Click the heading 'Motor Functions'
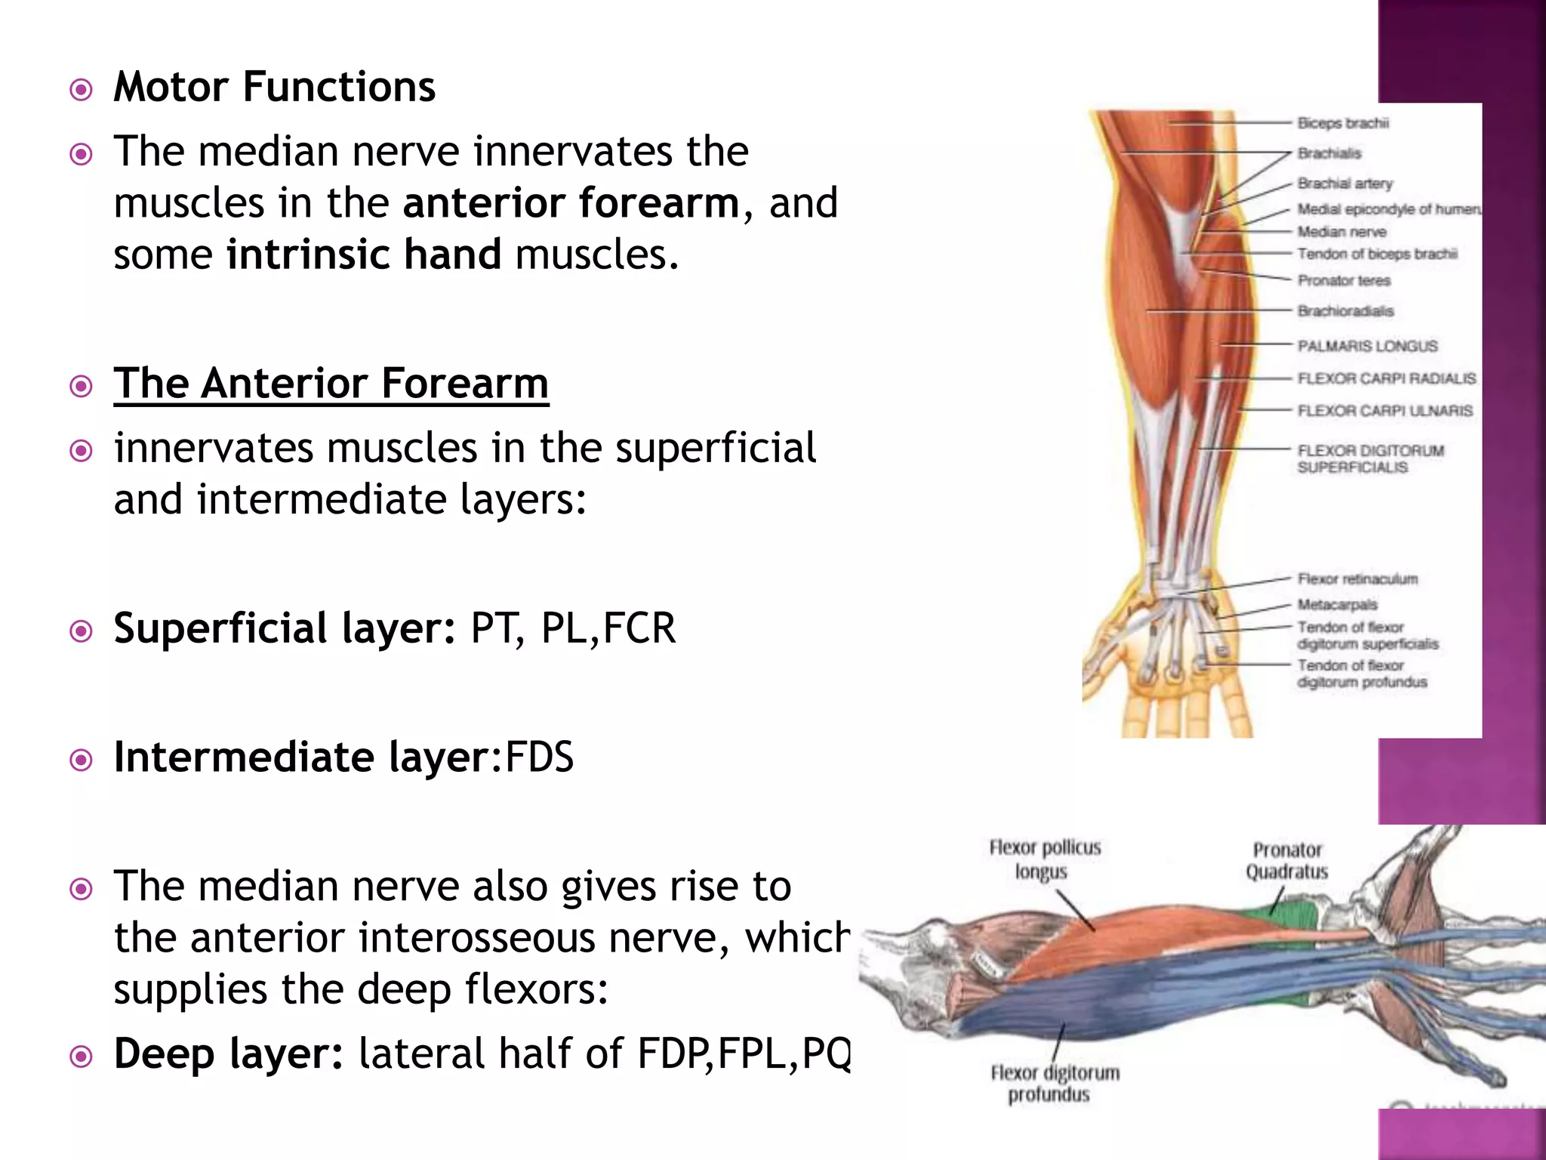[x=274, y=87]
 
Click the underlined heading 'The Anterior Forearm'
[x=331, y=384]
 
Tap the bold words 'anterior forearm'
[x=571, y=203]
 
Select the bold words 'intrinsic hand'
[x=364, y=255]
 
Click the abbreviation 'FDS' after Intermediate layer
[x=539, y=757]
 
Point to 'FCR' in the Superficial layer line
[x=639, y=628]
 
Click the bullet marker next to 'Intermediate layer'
[x=81, y=760]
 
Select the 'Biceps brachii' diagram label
[x=1343, y=123]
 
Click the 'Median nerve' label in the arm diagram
[x=1341, y=232]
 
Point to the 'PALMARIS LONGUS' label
[x=1367, y=346]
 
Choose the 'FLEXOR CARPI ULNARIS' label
[x=1384, y=411]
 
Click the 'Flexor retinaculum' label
[x=1357, y=579]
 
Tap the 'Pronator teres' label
[x=1344, y=281]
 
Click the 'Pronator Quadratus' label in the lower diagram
[x=1286, y=861]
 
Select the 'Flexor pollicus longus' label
[x=1044, y=859]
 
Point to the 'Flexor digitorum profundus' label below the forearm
[x=1054, y=1083]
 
